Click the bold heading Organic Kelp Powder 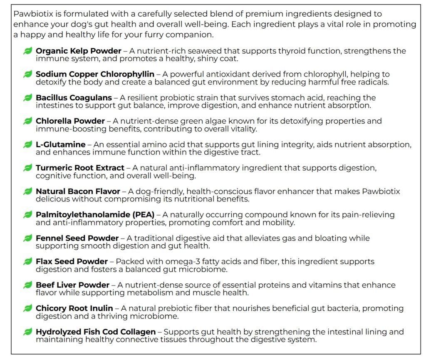(x=78, y=51)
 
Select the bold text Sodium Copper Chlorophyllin (x=95, y=74)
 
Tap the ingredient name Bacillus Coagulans (x=74, y=98)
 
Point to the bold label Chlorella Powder (x=70, y=121)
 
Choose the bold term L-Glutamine (x=60, y=144)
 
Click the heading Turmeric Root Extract (x=80, y=168)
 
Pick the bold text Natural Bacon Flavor (x=78, y=191)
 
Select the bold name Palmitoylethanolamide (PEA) (x=95, y=215)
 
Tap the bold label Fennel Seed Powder (x=77, y=238)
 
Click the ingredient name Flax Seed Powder (x=72, y=261)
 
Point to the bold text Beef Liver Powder (x=72, y=285)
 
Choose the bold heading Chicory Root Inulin (x=74, y=308)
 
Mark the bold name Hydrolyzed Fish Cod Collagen (x=96, y=332)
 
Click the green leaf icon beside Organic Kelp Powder (x=28, y=51)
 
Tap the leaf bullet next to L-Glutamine (x=28, y=144)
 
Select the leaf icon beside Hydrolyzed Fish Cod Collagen (x=28, y=332)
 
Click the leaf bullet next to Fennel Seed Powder (x=28, y=238)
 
